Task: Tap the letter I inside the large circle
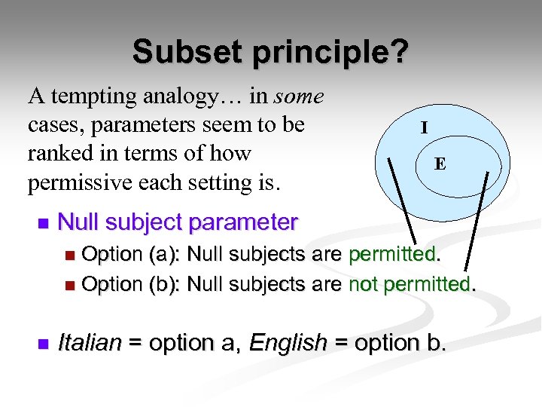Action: [425, 128]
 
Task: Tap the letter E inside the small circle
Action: [440, 164]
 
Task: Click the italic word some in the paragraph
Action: [299, 96]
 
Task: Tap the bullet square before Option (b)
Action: [70, 286]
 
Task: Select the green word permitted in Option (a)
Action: [392, 255]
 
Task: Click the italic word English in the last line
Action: [288, 343]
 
